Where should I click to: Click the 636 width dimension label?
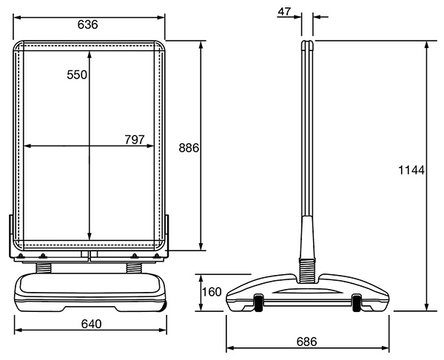click(x=88, y=25)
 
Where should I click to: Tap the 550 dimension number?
click(x=77, y=75)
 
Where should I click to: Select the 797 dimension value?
click(x=135, y=140)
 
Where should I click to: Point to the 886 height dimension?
click(x=189, y=148)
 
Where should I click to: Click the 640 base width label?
click(x=91, y=324)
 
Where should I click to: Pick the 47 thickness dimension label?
click(x=284, y=12)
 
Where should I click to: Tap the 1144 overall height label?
click(x=411, y=170)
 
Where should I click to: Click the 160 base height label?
click(x=212, y=292)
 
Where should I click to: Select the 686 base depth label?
click(x=306, y=342)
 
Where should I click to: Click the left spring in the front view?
click(x=44, y=268)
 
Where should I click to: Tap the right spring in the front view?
click(x=134, y=268)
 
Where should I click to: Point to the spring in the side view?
click(x=307, y=271)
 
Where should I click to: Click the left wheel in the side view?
click(x=258, y=302)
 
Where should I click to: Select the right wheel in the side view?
click(x=357, y=302)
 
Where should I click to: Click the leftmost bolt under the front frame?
click(x=21, y=256)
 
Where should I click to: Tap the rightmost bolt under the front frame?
click(x=157, y=256)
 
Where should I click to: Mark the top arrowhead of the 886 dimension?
click(x=201, y=45)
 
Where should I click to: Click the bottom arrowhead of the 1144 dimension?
click(x=426, y=307)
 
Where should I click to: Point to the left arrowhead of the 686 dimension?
click(x=230, y=348)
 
